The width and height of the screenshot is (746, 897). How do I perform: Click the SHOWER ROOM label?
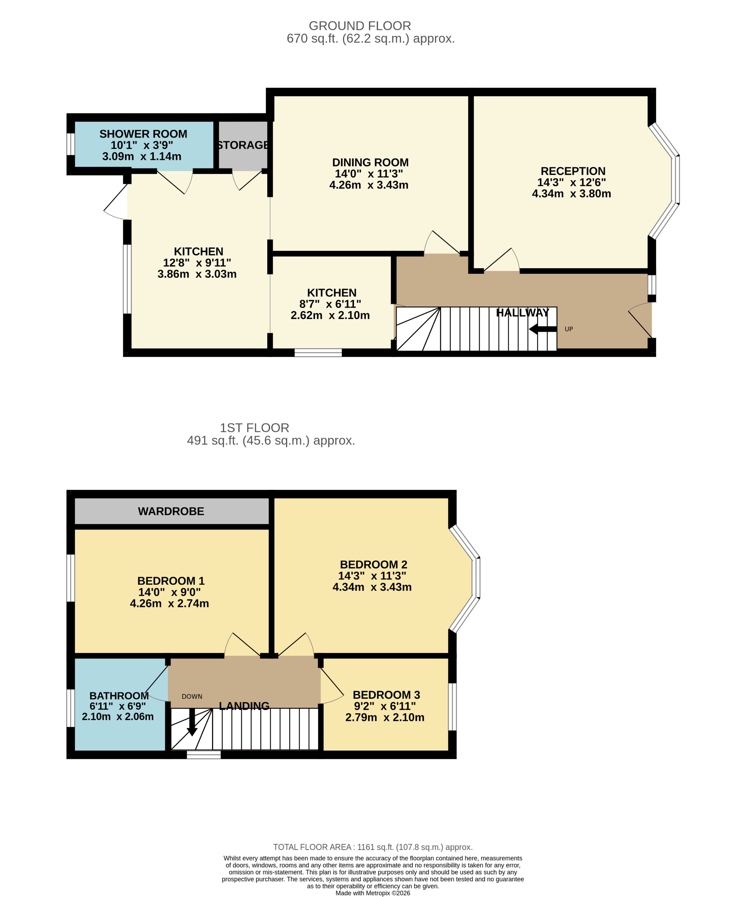pyautogui.click(x=143, y=134)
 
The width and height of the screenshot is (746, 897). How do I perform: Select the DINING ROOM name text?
pyautogui.click(x=370, y=163)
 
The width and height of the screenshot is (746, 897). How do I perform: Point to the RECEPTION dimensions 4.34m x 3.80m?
pyautogui.click(x=571, y=194)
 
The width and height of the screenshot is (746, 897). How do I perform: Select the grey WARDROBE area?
pyautogui.click(x=171, y=511)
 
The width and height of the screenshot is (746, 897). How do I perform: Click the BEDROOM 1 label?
pyautogui.click(x=171, y=581)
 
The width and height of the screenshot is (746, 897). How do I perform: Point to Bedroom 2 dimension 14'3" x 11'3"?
pyautogui.click(x=372, y=576)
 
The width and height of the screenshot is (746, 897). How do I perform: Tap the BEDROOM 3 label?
pyautogui.click(x=386, y=695)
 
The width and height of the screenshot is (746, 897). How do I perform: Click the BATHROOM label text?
pyautogui.click(x=119, y=696)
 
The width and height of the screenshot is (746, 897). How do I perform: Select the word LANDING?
pyautogui.click(x=244, y=706)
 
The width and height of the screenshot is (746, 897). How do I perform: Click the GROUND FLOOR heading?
pyautogui.click(x=360, y=26)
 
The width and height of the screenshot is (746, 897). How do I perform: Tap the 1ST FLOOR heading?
pyautogui.click(x=254, y=428)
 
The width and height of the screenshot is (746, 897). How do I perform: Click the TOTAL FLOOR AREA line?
pyautogui.click(x=372, y=847)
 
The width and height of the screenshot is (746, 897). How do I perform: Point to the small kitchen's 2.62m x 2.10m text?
pyautogui.click(x=330, y=316)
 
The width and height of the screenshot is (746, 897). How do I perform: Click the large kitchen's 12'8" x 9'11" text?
pyautogui.click(x=197, y=263)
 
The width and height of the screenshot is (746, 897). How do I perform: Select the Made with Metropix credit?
pyautogui.click(x=372, y=893)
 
